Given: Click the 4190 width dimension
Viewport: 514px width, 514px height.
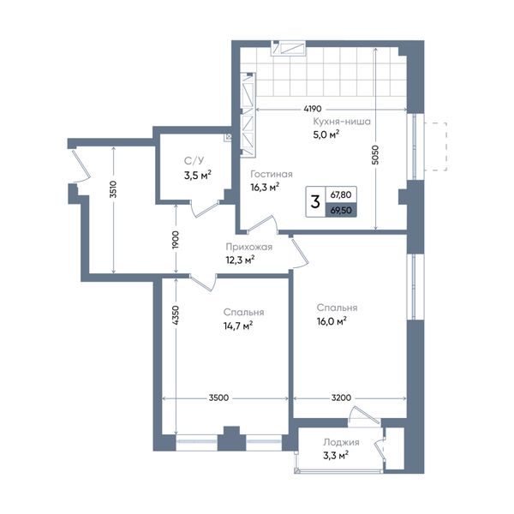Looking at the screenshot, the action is point(313,109).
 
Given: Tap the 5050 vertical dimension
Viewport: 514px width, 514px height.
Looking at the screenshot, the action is point(376,155).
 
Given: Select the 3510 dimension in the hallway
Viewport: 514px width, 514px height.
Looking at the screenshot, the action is point(113,189).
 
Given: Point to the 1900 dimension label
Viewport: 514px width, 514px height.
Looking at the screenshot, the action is point(176,240).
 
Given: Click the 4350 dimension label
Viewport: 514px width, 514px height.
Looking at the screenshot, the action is point(176,315).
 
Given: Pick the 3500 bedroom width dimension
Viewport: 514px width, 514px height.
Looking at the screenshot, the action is point(218,398).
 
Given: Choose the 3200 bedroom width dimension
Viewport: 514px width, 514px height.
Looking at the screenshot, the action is point(341,398).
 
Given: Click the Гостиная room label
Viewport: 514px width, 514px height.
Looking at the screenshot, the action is point(272,174).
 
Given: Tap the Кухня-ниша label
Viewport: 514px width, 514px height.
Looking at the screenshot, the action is point(342,122).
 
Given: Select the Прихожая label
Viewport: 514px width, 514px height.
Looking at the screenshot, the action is point(249,247).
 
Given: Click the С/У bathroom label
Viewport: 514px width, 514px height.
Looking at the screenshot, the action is point(194,161).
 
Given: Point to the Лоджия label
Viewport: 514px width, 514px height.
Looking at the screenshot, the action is point(341,442).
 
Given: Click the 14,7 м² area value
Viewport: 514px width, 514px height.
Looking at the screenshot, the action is point(238,326).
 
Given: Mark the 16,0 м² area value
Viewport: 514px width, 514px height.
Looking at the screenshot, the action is point(332,321).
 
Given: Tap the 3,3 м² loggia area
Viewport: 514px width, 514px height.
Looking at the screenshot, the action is point(336,456).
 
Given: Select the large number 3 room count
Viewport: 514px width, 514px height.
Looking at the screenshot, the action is point(315,201).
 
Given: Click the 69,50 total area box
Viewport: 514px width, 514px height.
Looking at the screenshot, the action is point(341,210).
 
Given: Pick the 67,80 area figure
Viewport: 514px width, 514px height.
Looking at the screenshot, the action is point(341,194).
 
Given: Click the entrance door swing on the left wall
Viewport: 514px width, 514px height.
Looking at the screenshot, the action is point(81,165).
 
